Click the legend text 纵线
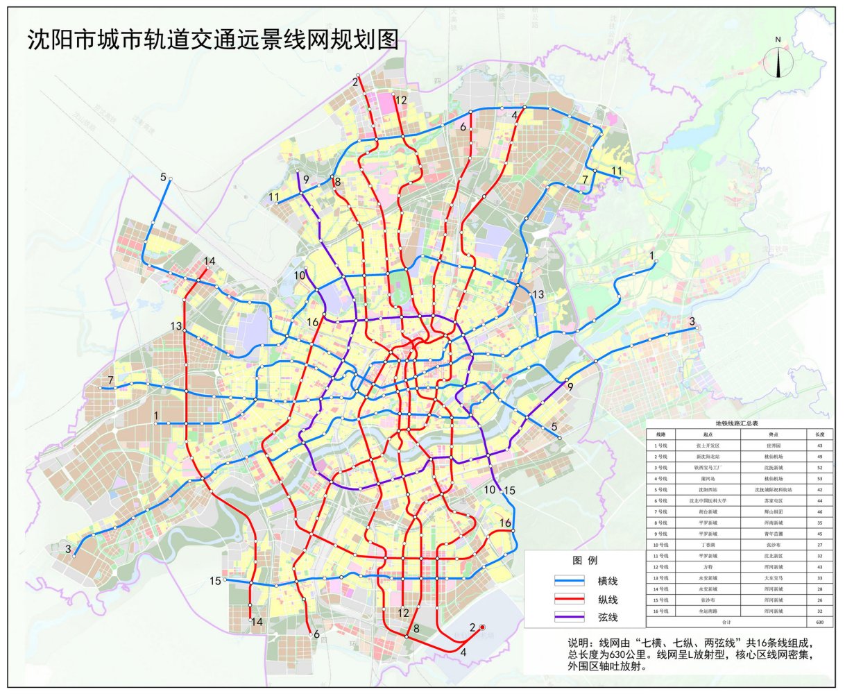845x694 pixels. click(x=607, y=599)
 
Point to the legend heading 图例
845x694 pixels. click(x=584, y=560)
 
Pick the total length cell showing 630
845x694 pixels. click(x=820, y=623)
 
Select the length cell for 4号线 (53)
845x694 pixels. click(x=820, y=478)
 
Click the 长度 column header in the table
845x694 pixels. click(x=820, y=434)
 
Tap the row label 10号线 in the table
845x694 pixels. click(x=661, y=545)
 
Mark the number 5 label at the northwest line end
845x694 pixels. click(x=164, y=177)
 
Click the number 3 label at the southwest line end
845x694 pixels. click(x=68, y=550)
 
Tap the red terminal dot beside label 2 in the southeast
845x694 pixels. click(x=482, y=627)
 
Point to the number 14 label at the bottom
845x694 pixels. click(x=257, y=622)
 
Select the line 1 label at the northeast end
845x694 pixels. click(x=652, y=256)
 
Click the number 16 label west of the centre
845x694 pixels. click(x=313, y=323)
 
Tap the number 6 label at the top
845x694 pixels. click(x=463, y=127)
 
